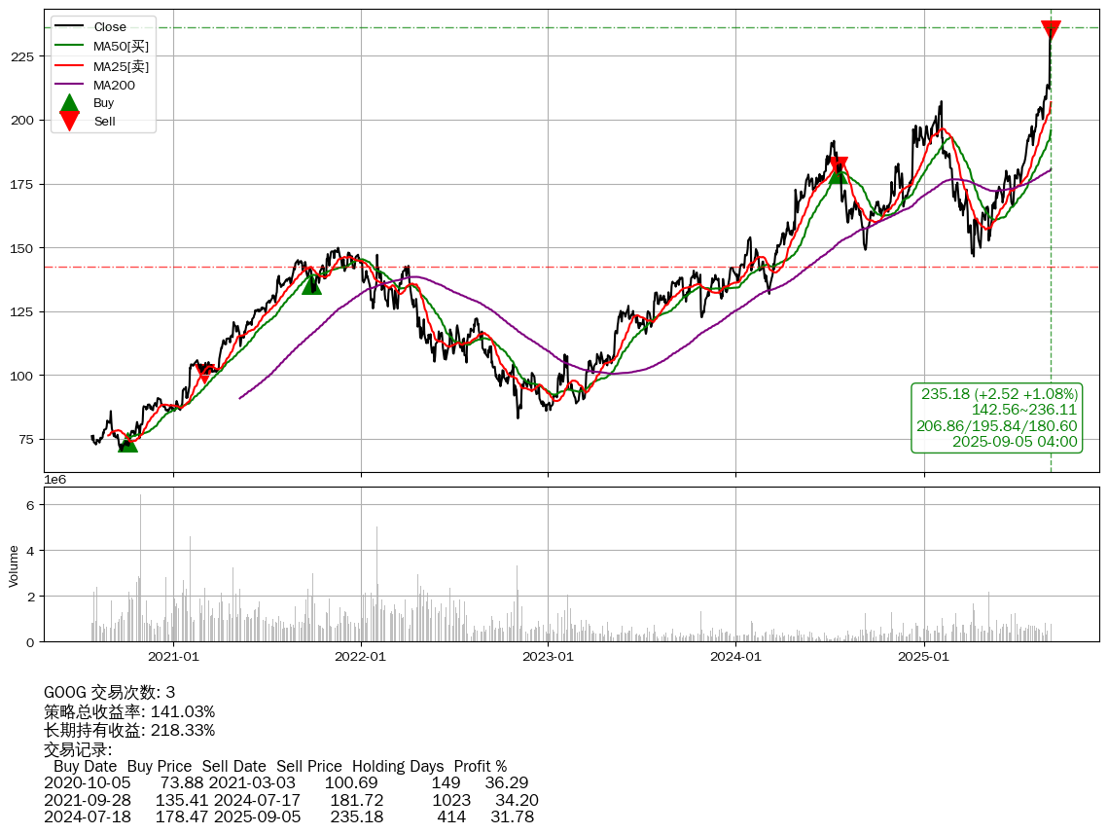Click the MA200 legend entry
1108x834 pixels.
click(x=114, y=86)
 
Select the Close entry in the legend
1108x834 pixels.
click(x=110, y=26)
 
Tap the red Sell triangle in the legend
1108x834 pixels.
click(x=69, y=121)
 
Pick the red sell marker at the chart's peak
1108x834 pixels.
click(x=1051, y=30)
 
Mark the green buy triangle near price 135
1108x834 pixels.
click(x=311, y=284)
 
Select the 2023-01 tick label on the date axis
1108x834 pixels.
click(x=548, y=657)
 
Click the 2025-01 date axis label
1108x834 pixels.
click(x=923, y=657)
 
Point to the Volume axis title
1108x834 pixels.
click(x=14, y=565)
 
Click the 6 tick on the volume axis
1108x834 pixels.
click(x=30, y=505)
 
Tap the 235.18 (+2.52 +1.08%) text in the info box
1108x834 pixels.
click(x=999, y=394)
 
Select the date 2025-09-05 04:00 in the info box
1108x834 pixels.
click(x=1015, y=442)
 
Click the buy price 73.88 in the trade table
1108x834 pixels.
click(x=181, y=783)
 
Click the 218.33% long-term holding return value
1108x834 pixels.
click(x=183, y=730)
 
